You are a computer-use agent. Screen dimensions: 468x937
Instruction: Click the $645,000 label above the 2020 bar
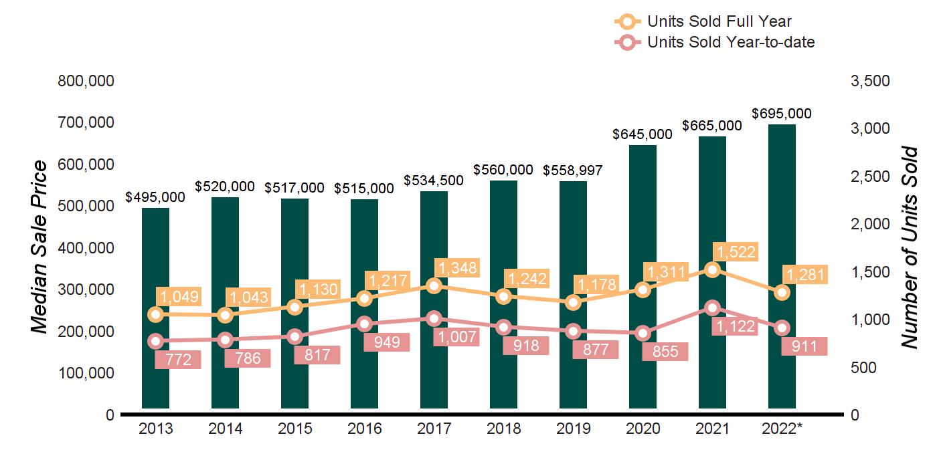[x=643, y=134]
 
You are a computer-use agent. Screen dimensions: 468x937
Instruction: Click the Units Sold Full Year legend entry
[x=719, y=22]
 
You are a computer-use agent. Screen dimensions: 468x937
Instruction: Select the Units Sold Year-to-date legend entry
[x=730, y=42]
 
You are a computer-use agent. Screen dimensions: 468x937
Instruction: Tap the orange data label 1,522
[x=736, y=252]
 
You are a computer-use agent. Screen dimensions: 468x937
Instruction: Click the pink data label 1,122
[x=736, y=326]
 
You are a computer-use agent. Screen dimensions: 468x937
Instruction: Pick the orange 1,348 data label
[x=458, y=268]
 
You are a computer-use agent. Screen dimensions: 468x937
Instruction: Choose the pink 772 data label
[x=178, y=360]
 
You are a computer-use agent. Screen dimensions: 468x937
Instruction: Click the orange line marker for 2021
[x=713, y=269]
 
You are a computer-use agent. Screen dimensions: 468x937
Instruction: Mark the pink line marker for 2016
[x=365, y=324]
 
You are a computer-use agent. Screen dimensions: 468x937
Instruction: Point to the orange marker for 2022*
[x=782, y=293]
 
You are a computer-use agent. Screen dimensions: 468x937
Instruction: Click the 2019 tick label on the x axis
[x=574, y=429]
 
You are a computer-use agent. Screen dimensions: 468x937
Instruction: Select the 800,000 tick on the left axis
[x=86, y=81]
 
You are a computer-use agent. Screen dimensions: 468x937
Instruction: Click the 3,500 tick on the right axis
[x=869, y=81]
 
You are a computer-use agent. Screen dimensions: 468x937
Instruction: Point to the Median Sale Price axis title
[x=40, y=247]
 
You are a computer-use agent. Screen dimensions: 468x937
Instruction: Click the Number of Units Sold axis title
[x=909, y=247]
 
